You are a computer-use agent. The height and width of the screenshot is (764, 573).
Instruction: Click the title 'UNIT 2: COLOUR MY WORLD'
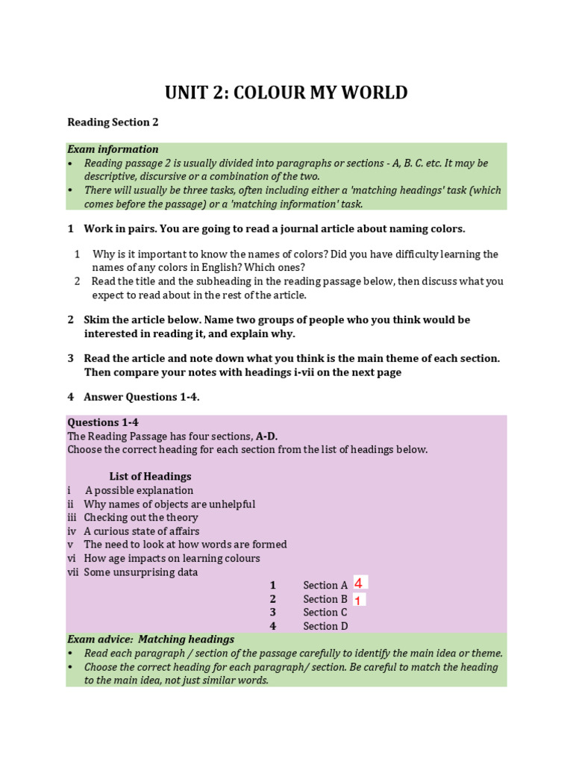click(286, 93)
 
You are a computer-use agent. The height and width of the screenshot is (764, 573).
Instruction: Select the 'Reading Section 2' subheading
click(113, 122)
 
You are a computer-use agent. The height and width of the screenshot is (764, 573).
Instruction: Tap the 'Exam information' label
click(113, 149)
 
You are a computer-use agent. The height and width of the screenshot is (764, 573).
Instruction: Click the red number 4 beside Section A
click(359, 583)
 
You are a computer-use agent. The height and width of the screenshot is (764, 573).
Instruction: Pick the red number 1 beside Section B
click(358, 600)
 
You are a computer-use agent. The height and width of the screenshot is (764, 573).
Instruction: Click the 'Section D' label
click(325, 626)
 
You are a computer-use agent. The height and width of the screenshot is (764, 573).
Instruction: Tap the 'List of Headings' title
click(150, 476)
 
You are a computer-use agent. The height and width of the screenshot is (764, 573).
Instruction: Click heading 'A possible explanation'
click(139, 490)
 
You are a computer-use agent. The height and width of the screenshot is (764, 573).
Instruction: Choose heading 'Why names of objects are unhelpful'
click(169, 504)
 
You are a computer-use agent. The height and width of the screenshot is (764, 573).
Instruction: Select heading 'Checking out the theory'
click(141, 518)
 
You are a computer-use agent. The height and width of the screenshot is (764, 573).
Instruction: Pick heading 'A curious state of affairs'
click(142, 531)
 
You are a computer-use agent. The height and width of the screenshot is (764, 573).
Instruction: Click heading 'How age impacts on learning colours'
click(172, 558)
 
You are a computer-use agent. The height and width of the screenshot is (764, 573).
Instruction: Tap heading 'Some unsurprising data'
click(141, 572)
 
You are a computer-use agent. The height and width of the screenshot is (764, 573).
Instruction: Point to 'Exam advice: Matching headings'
click(151, 639)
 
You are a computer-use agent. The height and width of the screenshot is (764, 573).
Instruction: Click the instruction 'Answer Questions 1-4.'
click(141, 398)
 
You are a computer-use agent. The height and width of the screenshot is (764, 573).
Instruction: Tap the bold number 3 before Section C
click(273, 613)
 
